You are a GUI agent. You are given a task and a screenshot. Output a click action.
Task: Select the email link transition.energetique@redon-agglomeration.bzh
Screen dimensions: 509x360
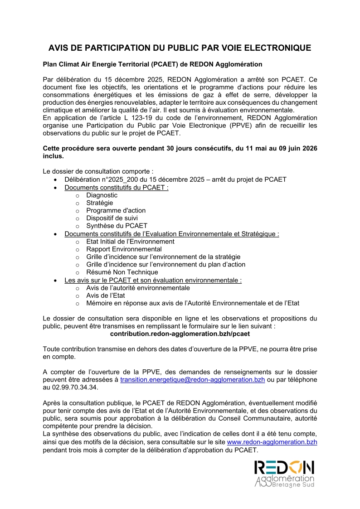[192, 380]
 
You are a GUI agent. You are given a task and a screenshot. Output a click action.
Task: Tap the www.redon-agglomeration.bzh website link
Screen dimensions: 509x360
[272, 441]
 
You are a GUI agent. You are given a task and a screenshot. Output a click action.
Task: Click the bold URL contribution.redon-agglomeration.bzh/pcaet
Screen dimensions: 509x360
[180, 333]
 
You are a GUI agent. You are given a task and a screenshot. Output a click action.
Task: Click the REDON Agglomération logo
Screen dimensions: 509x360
[284, 474]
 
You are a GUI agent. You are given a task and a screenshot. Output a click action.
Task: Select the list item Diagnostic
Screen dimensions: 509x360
[102, 195]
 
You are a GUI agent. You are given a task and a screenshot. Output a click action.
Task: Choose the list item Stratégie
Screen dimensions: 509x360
[100, 203]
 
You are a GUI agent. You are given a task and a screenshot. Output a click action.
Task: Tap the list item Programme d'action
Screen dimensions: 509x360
[116, 210]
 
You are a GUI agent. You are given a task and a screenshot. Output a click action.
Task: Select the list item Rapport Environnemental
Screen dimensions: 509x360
[124, 249]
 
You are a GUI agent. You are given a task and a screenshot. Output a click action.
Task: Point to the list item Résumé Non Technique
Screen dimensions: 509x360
[122, 272]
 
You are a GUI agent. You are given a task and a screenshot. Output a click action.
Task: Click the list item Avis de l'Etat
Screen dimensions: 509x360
[106, 295]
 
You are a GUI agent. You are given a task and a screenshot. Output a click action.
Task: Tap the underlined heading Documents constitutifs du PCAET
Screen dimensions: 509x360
[117, 187]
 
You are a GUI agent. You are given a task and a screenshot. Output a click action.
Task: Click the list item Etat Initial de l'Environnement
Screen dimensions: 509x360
[130, 241]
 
